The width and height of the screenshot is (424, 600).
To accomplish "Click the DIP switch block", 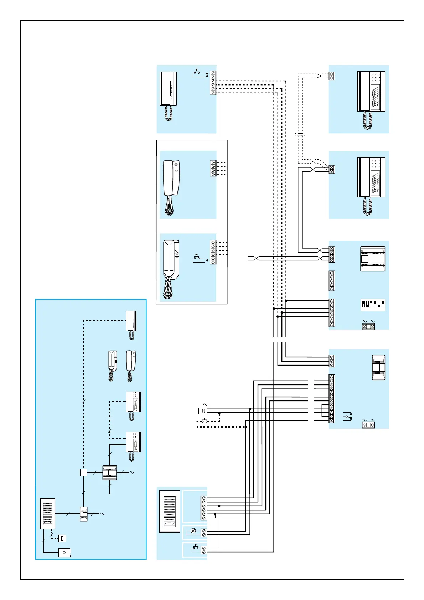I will coord(373,305).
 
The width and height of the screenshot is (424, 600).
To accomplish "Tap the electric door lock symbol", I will coord(202,411).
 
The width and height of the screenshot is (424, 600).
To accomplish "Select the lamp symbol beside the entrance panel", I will coord(193,531).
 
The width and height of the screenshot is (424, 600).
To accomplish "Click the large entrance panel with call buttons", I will coord(170,511).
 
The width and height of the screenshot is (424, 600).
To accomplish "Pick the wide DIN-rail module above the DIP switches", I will coord(373,259).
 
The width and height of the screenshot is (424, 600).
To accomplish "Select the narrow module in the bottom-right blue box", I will coord(378,367).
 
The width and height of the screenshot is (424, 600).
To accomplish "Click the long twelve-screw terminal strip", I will coord(332,398).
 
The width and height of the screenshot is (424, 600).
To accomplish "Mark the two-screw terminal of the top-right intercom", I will coord(332,76).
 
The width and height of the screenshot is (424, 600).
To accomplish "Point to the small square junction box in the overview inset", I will coord(83,472).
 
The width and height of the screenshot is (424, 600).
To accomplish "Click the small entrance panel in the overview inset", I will coord(48,513).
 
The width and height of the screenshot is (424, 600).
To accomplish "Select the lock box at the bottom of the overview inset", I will coord(64,553).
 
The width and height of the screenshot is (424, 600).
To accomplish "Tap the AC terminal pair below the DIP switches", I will coord(368,326).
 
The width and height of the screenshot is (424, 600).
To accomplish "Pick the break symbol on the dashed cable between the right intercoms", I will coord(300,135).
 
